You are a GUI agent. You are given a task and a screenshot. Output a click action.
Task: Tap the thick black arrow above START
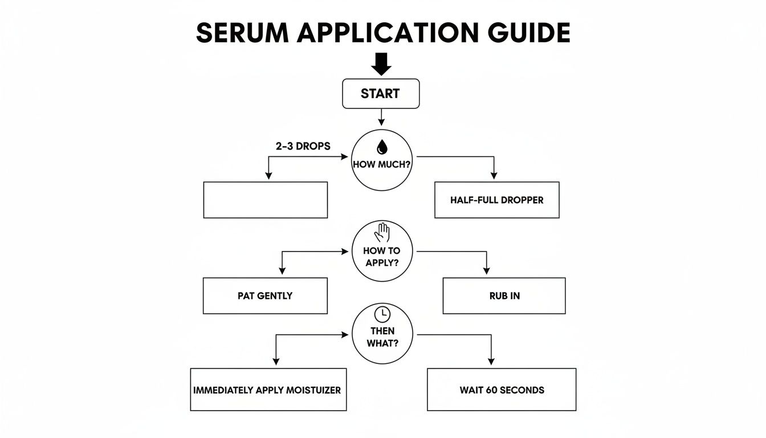381,64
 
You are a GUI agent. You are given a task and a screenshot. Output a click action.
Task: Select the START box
380,94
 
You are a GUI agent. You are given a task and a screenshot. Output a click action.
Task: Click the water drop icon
381,147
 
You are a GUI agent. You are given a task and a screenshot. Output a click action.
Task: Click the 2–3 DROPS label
302,146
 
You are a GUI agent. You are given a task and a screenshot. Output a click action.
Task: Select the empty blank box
265,200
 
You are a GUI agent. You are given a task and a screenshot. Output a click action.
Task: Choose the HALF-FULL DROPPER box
496,200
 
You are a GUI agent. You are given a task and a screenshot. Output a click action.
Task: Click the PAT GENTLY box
265,295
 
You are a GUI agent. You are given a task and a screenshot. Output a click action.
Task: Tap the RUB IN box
504,296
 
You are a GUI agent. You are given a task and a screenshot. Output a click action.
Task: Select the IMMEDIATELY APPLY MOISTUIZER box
268,390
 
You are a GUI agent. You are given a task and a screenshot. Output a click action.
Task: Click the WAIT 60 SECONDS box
501,390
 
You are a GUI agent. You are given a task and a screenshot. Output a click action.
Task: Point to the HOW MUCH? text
381,165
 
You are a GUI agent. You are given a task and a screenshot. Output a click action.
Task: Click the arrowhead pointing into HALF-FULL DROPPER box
494,176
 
